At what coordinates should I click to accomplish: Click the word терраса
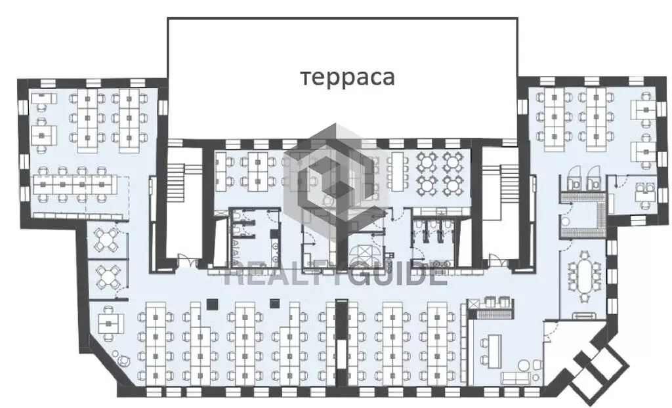[347, 78]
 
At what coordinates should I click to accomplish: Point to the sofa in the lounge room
[516, 378]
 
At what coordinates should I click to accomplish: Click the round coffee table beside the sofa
[524, 365]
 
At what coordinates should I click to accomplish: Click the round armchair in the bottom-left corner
[123, 361]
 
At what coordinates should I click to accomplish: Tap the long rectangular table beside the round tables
[398, 171]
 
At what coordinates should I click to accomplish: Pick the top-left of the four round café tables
[427, 162]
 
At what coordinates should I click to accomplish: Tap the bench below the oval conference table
[583, 316]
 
